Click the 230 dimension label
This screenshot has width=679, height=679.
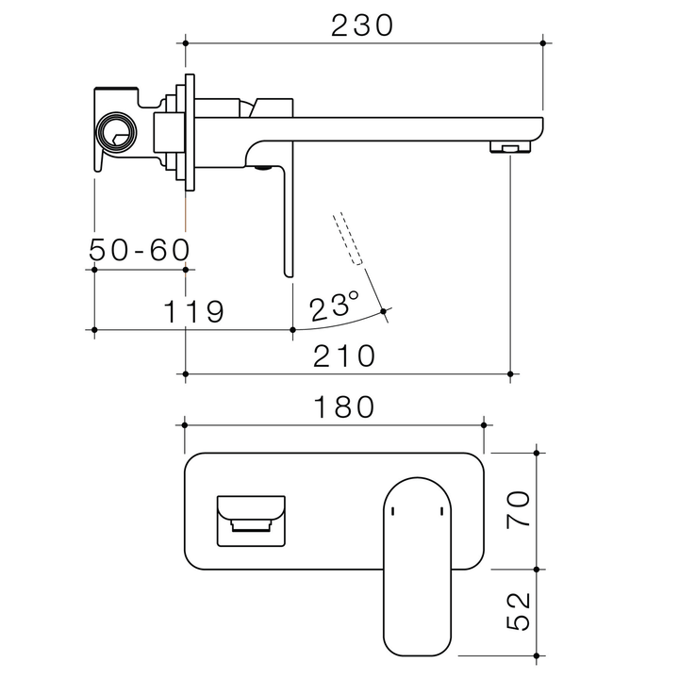[362, 25]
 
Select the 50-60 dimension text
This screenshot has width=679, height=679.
[139, 250]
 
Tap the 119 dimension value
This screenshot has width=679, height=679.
[194, 311]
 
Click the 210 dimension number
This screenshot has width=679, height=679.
[345, 356]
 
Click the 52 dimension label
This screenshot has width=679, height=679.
[517, 614]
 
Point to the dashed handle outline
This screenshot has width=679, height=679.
[347, 239]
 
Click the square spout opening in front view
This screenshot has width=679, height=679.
[251, 520]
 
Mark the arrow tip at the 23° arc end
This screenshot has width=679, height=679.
[383, 311]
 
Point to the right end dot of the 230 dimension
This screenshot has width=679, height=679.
[543, 42]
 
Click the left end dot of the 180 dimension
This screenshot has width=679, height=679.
[185, 424]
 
